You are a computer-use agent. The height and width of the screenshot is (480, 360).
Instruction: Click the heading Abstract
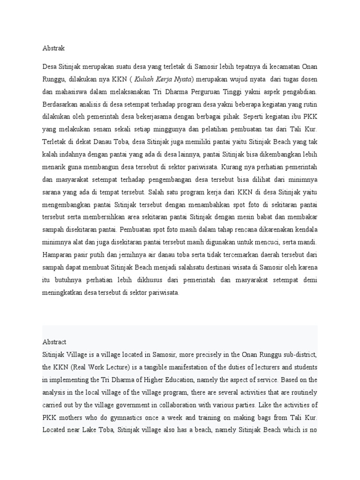click(x=54, y=342)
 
